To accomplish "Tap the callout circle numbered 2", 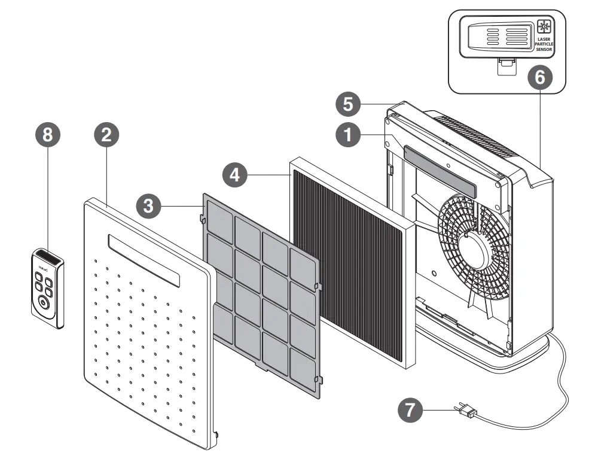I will (x=106, y=135).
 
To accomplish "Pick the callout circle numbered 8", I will (x=48, y=135).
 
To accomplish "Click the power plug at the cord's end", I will (x=467, y=412).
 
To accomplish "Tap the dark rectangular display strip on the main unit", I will (x=441, y=171).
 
